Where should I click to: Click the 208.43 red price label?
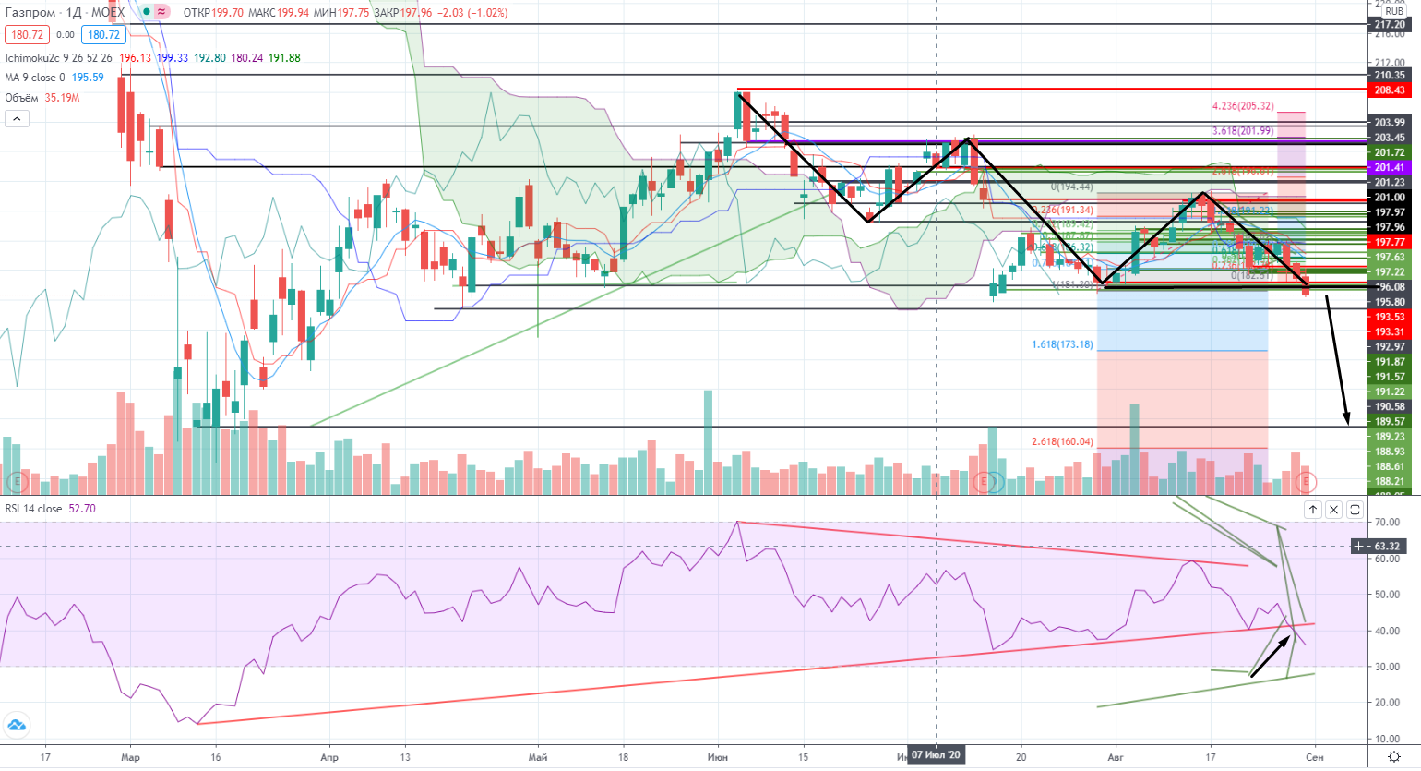[x=1390, y=90]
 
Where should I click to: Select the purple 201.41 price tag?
[x=1390, y=168]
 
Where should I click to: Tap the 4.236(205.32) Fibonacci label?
[x=1244, y=107]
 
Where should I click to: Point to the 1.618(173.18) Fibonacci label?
[x=1062, y=344]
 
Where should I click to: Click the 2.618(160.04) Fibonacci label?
[x=1062, y=441]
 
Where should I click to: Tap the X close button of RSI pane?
[x=1333, y=510]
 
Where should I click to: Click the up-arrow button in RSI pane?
[x=1312, y=510]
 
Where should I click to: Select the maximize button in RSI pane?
[x=1355, y=510]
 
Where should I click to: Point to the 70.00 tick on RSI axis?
[x=1386, y=523]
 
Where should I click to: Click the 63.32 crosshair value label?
[x=1386, y=547]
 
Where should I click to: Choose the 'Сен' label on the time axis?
[x=1315, y=757]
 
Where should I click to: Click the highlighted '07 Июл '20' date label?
[x=936, y=755]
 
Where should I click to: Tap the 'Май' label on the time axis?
[x=538, y=757]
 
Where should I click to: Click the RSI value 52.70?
[x=82, y=509]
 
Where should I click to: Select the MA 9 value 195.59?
[x=88, y=78]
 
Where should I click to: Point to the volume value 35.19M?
[x=62, y=98]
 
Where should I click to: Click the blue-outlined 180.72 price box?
[x=103, y=35]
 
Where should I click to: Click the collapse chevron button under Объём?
[x=17, y=118]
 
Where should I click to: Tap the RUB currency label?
[x=1393, y=12]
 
